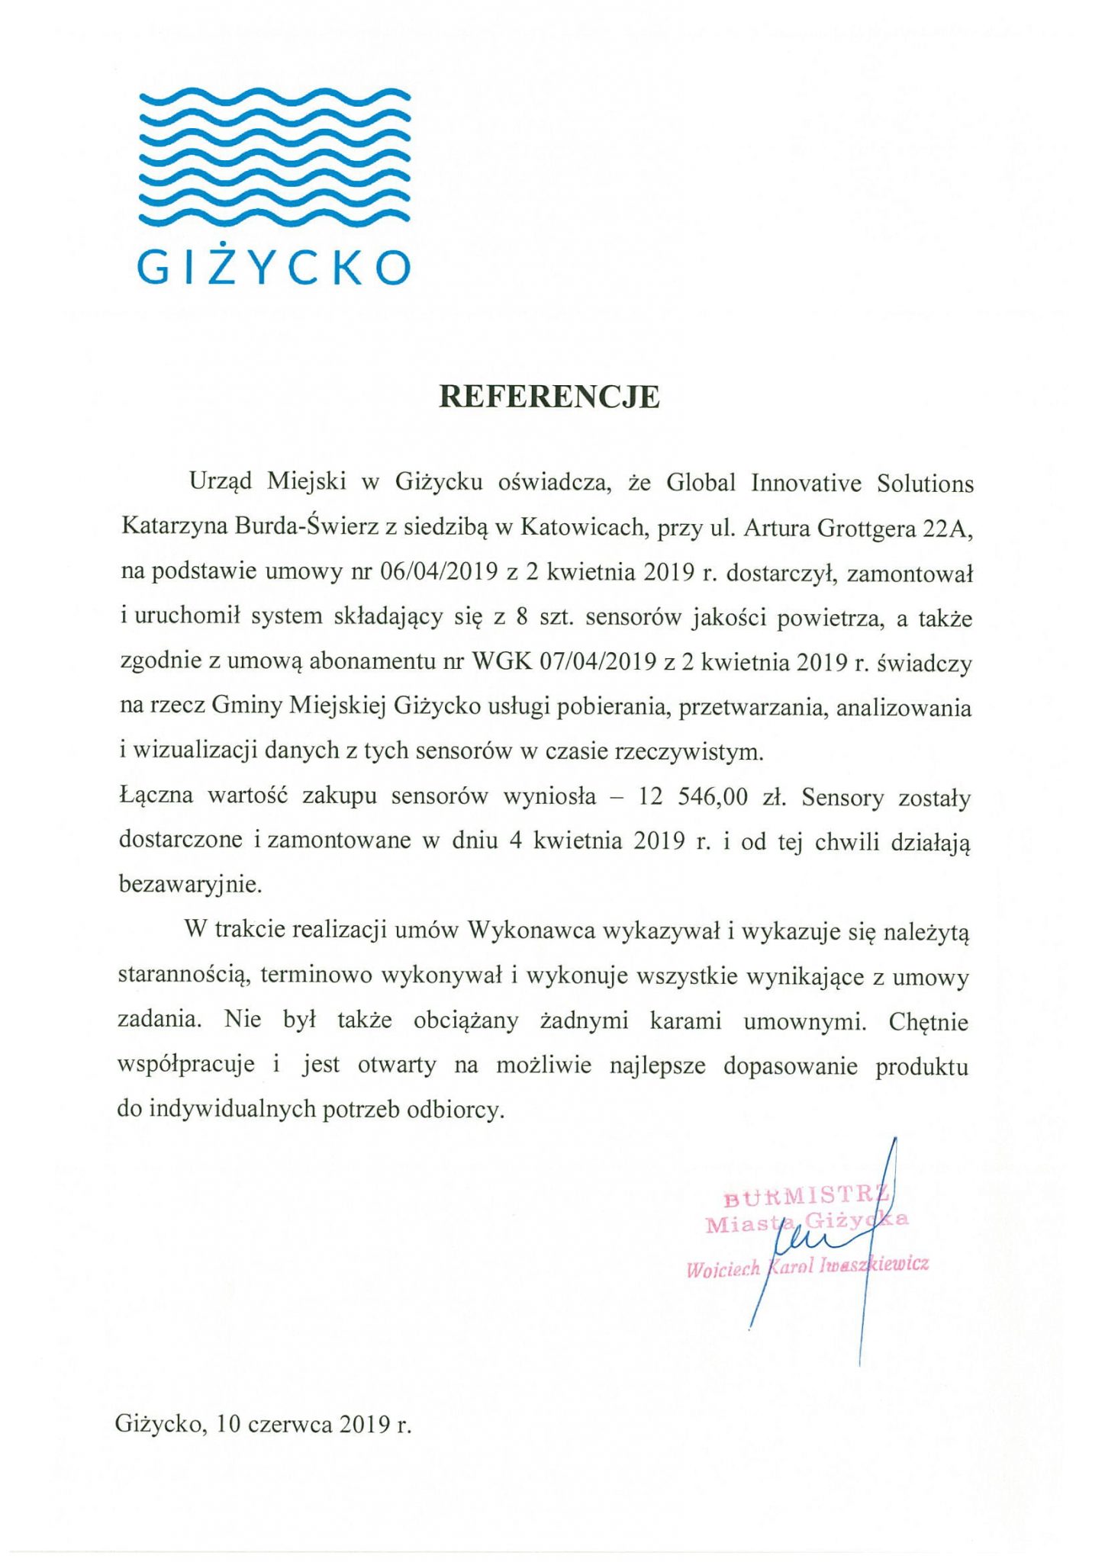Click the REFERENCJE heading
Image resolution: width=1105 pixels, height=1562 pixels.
(549, 397)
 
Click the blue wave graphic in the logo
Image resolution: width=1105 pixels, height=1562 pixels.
(275, 156)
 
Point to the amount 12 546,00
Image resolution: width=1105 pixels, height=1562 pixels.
(693, 798)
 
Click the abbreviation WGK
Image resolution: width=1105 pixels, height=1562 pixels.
(501, 662)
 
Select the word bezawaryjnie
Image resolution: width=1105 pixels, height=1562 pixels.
(190, 885)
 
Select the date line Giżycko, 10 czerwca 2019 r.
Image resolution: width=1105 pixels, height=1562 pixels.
(263, 1424)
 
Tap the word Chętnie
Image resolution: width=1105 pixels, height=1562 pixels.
(928, 1021)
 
